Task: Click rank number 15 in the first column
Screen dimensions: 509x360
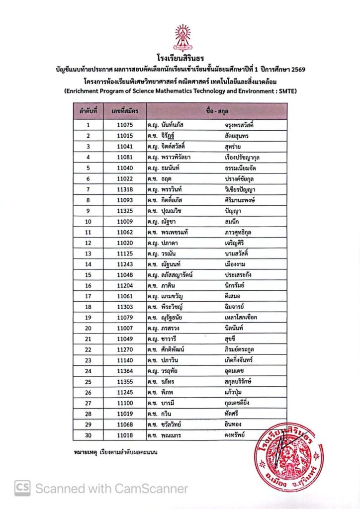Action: pos(88,275)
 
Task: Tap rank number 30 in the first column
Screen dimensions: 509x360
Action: pos(88,435)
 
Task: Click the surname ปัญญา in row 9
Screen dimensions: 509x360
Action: pos(233,211)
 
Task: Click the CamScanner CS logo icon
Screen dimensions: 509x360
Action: pos(22,488)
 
